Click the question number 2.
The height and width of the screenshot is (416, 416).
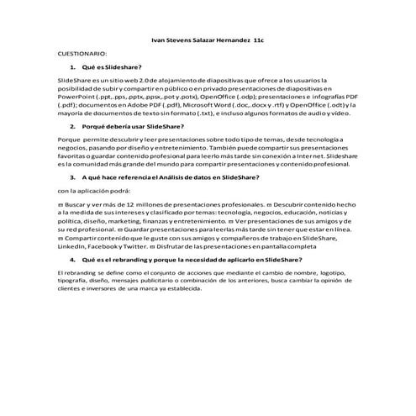[x=74, y=125]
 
